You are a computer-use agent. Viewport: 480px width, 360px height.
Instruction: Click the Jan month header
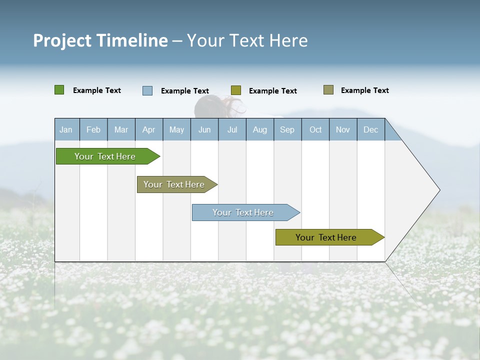(66, 129)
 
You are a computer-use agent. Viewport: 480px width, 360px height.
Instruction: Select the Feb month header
(93, 129)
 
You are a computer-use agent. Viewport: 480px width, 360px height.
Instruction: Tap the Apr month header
(149, 129)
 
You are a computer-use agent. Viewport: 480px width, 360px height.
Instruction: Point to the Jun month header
(204, 129)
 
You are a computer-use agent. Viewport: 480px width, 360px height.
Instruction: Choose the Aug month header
(260, 129)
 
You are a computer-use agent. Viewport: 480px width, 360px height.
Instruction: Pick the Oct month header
(315, 129)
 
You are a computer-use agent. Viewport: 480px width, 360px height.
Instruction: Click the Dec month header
(371, 129)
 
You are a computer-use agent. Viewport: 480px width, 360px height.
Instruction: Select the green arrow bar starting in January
(105, 156)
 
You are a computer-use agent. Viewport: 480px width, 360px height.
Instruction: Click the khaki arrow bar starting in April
(174, 184)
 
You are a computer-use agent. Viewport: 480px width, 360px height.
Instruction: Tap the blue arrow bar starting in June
(243, 212)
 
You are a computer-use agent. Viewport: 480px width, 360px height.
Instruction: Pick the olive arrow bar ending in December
(326, 237)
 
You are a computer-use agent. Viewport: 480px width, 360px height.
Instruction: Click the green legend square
(59, 90)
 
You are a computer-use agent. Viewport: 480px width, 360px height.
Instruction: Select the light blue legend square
(147, 90)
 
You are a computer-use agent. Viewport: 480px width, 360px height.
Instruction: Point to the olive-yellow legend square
(236, 90)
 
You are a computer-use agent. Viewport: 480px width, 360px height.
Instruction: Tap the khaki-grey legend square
(328, 90)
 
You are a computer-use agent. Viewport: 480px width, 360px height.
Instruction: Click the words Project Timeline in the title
(100, 40)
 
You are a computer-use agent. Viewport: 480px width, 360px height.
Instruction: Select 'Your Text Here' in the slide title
(247, 40)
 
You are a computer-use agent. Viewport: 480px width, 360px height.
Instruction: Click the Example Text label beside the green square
(97, 90)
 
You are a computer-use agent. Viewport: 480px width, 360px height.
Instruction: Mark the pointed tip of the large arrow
(438, 190)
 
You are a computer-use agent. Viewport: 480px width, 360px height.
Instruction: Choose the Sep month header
(287, 129)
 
